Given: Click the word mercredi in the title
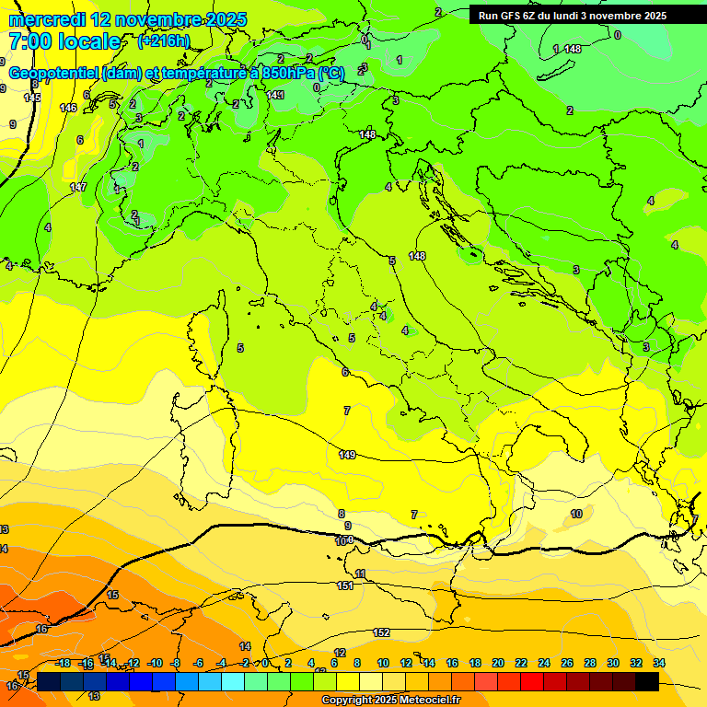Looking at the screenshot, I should tap(47, 19).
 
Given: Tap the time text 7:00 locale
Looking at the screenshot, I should tap(64, 41).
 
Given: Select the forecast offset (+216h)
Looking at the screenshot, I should tap(163, 41).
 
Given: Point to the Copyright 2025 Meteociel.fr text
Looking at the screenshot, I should tap(390, 701).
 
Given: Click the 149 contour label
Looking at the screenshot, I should tap(347, 455).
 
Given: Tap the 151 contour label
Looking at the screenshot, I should tap(345, 585).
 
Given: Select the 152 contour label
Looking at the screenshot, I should tap(381, 632).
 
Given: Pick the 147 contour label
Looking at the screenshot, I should tap(78, 187).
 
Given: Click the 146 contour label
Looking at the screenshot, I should tap(68, 108).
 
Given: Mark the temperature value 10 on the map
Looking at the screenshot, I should tap(576, 514).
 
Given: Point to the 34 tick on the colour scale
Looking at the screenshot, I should tap(659, 663).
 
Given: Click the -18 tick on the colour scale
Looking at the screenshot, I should tap(64, 663).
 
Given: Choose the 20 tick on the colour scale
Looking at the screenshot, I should tap(498, 663).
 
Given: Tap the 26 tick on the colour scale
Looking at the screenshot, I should tap(567, 663).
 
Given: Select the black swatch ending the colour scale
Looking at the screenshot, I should tap(647, 681).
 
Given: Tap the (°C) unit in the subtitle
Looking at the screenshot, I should tap(331, 73).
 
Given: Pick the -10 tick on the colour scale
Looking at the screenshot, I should tap(155, 663).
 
